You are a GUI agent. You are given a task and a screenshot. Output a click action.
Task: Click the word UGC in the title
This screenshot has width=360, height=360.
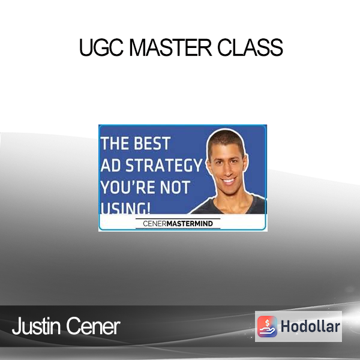pos(101,47)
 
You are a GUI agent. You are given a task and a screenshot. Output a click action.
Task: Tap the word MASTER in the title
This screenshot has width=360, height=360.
pos(170,47)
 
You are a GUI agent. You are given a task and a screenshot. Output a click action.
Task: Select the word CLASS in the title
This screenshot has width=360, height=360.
pos(250,47)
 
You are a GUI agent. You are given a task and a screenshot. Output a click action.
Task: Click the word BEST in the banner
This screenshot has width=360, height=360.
pos(152,143)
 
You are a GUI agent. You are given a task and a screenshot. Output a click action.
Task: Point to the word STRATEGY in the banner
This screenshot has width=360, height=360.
pos(163,166)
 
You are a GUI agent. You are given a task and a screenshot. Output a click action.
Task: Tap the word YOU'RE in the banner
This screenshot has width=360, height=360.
pos(127,187)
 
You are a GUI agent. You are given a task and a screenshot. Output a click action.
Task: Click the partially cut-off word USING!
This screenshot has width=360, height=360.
pos(125,208)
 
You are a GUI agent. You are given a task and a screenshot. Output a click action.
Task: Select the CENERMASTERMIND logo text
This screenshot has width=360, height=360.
pos(178,223)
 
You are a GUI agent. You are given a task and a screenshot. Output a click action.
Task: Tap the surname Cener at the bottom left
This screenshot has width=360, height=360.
pos(93,326)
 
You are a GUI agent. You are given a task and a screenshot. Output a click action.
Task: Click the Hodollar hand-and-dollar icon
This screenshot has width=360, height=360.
pos(267,326)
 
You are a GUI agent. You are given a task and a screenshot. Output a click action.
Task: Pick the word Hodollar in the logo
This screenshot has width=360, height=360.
pos(310,326)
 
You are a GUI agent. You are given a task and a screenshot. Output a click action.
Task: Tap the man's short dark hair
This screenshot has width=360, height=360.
pos(227,140)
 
